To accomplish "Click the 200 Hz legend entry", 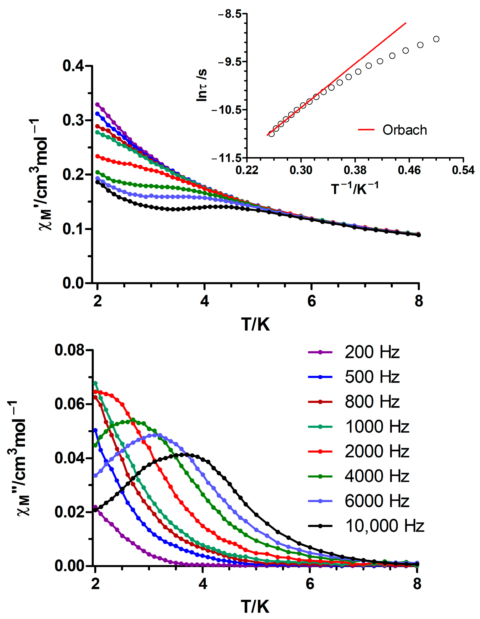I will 372,352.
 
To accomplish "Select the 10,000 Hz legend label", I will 384,526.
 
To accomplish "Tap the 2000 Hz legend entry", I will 377,452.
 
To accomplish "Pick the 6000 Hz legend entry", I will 377,501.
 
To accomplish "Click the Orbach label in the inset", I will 404,130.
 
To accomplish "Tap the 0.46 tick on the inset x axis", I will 409,170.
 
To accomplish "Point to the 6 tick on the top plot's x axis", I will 311,301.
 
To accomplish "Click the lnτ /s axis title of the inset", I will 202,85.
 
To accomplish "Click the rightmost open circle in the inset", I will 436,39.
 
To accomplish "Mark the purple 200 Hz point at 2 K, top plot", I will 97,105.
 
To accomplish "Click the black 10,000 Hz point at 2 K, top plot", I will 97,182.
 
